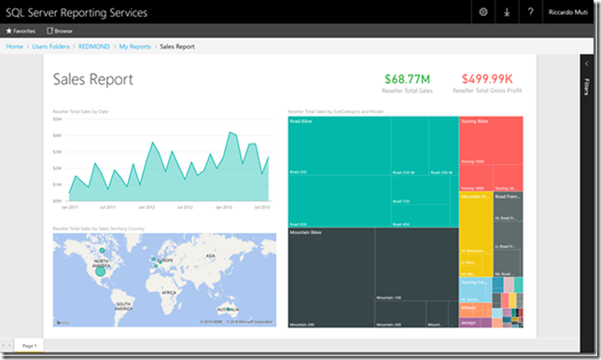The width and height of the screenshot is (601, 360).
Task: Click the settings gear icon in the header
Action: pyautogui.click(x=482, y=12)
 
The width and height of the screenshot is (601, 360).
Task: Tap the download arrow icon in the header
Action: pyautogui.click(x=507, y=12)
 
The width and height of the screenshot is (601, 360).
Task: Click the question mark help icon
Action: pyautogui.click(x=530, y=12)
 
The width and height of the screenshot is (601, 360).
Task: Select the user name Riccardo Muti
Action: pyautogui.click(x=566, y=12)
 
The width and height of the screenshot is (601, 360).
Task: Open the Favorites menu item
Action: pyautogui.click(x=21, y=31)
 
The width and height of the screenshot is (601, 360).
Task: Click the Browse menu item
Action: pyautogui.click(x=61, y=31)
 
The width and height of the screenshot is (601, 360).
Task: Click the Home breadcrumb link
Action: pyautogui.click(x=15, y=46)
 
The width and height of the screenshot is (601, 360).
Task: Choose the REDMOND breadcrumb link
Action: pyautogui.click(x=93, y=46)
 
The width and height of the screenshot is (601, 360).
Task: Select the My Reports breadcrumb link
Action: pyautogui.click(x=135, y=46)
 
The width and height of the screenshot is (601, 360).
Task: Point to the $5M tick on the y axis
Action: pyautogui.click(x=57, y=119)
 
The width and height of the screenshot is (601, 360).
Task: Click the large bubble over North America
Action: pyautogui.click(x=100, y=270)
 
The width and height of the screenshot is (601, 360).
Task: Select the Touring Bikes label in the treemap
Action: pyautogui.click(x=477, y=121)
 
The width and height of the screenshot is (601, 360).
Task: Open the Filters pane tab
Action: pyautogui.click(x=586, y=88)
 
